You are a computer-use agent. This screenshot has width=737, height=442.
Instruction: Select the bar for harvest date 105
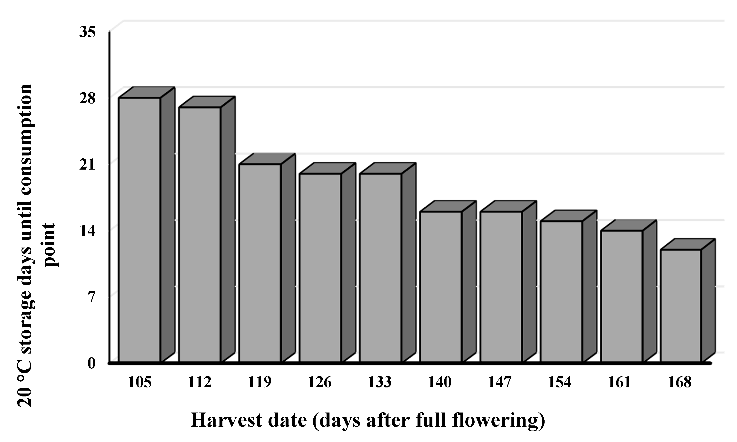point(139,229)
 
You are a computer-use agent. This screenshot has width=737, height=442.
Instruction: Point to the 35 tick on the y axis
point(87,32)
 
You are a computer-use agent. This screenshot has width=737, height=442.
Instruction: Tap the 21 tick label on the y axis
point(87,165)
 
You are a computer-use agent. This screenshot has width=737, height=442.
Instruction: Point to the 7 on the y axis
point(91,297)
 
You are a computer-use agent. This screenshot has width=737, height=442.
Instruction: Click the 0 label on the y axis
point(91,363)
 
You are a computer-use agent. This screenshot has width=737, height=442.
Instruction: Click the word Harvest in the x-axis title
point(226,421)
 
